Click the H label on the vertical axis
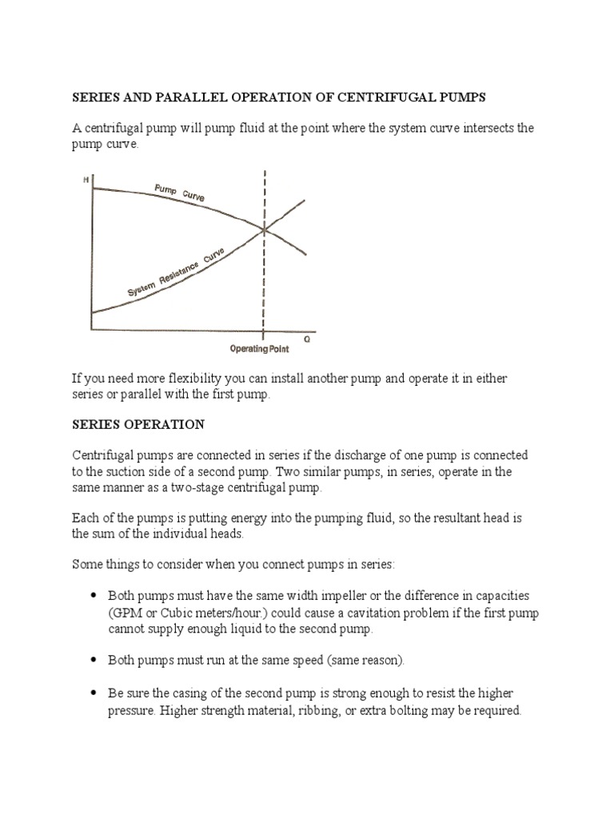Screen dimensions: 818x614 (x=86, y=181)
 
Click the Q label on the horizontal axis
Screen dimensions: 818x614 (x=306, y=338)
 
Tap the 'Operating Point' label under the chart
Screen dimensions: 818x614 (x=259, y=349)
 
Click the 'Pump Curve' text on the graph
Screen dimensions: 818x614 (x=179, y=195)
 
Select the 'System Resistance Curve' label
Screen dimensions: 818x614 (x=177, y=275)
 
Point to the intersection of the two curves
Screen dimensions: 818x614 (x=265, y=230)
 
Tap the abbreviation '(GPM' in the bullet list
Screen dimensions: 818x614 (x=126, y=613)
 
